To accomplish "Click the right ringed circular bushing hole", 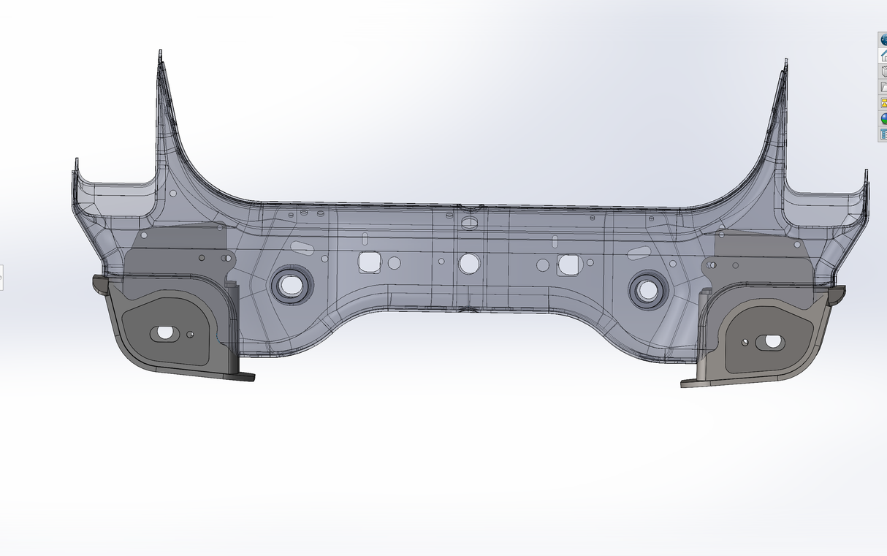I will [647, 289].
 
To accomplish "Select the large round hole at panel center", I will [468, 263].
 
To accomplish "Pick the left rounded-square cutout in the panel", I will [369, 262].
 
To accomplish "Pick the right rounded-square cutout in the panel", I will [568, 264].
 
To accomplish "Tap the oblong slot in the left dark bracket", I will [164, 333].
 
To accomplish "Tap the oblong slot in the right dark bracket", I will [771, 340].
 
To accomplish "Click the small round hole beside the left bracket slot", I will [190, 335].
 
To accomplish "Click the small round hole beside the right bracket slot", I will [745, 341].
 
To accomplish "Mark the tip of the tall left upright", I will [160, 54].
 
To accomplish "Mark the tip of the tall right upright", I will [785, 62].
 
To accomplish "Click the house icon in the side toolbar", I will [883, 56].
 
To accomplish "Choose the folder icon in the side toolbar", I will [883, 87].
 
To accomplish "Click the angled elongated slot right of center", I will [638, 253].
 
